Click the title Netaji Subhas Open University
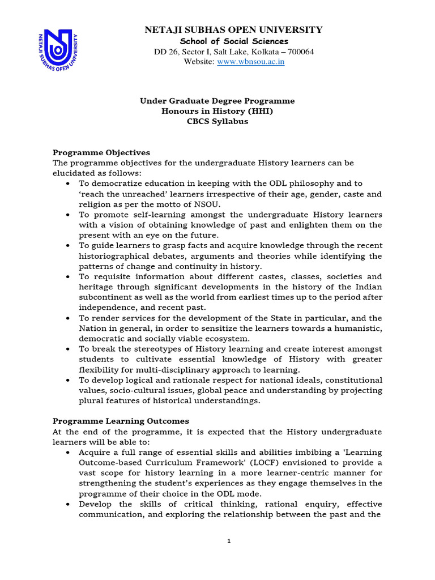click(234, 29)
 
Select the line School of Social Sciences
click(234, 41)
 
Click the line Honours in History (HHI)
click(217, 111)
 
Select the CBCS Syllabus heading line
click(217, 121)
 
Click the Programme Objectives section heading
click(101, 152)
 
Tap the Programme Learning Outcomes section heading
click(121, 421)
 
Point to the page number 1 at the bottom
click(229, 541)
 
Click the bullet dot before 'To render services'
click(68, 318)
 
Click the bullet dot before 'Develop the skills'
click(68, 504)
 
